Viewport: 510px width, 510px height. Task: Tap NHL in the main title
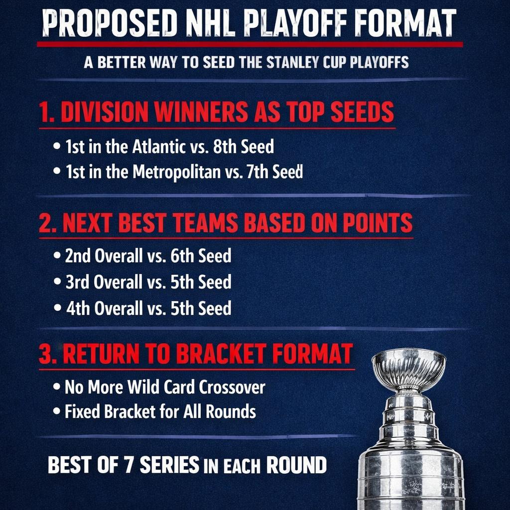tap(206, 24)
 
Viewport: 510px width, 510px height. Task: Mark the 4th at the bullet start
tap(78, 308)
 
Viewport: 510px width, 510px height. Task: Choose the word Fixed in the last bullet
tap(83, 412)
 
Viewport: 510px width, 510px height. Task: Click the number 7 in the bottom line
tap(128, 465)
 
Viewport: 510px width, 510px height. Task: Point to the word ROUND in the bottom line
tap(297, 465)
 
